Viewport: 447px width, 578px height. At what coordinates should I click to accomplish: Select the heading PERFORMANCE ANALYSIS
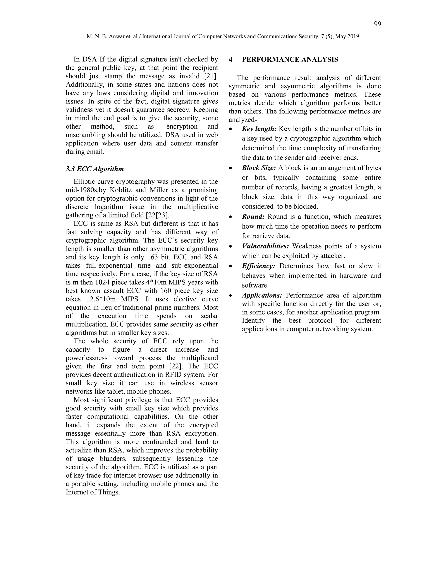point(290,60)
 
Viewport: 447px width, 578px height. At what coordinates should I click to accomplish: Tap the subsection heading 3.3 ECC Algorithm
point(95,169)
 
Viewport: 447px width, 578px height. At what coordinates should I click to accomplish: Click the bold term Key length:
point(259,129)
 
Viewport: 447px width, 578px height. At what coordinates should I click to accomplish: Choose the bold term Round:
point(253,217)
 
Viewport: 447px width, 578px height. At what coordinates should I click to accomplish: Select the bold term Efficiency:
point(258,266)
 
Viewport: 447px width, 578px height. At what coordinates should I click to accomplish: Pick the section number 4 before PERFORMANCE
point(231,60)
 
